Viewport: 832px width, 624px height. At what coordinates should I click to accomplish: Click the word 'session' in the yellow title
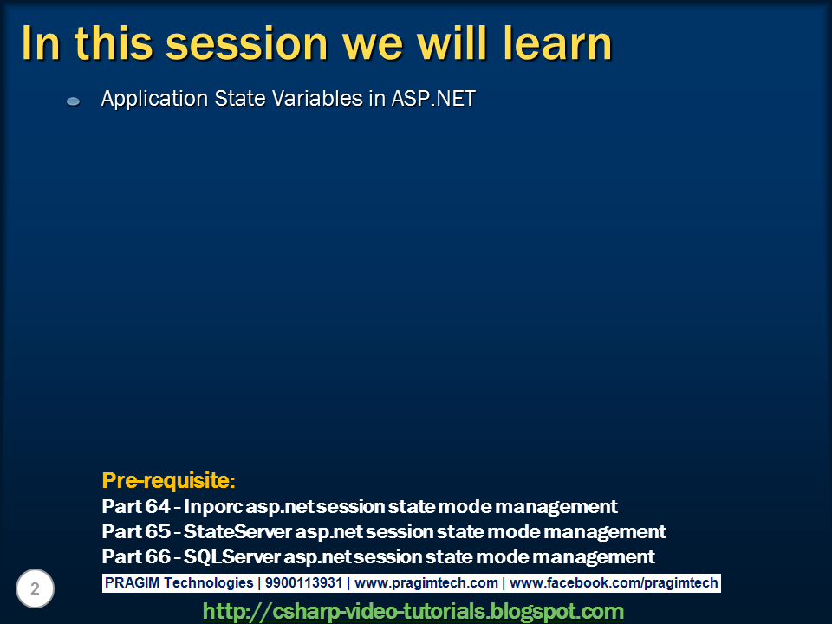coord(247,43)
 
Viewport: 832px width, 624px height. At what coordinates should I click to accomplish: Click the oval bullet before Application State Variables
coord(73,101)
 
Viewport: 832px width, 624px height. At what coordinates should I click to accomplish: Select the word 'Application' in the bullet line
coord(154,99)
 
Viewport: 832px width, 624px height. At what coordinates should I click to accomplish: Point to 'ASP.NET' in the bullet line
coord(433,98)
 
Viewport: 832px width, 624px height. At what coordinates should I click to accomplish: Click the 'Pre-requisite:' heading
coord(168,480)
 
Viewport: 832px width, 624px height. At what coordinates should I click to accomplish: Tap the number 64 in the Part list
coord(158,506)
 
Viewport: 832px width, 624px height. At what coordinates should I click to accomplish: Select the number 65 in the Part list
coord(158,531)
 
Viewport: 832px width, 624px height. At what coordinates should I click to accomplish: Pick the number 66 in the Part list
coord(158,556)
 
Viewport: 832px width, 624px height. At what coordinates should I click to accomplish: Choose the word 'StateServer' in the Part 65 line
coord(237,531)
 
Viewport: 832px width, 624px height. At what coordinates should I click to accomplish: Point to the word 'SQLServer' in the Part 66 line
coord(232,556)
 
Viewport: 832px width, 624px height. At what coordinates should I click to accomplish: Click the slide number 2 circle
coord(35,588)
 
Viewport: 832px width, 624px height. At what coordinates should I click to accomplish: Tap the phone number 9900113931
coord(303,582)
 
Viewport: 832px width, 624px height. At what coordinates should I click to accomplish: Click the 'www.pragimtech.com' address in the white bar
coord(426,583)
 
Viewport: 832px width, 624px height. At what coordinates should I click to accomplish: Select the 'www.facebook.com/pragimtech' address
coord(614,583)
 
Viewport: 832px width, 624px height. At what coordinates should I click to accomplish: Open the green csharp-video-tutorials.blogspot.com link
coord(413,611)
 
